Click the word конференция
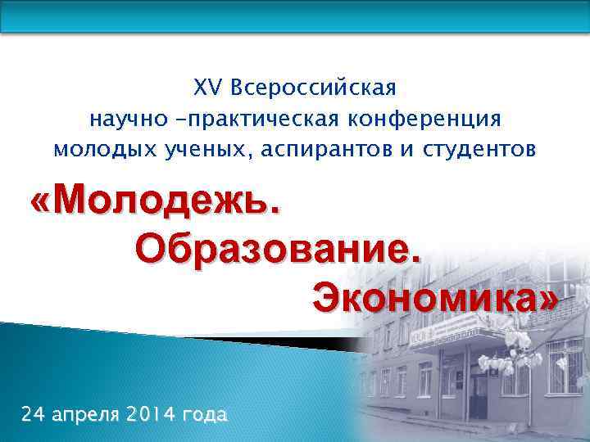(x=424, y=119)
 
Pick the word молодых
(x=98, y=151)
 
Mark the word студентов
(x=480, y=151)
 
